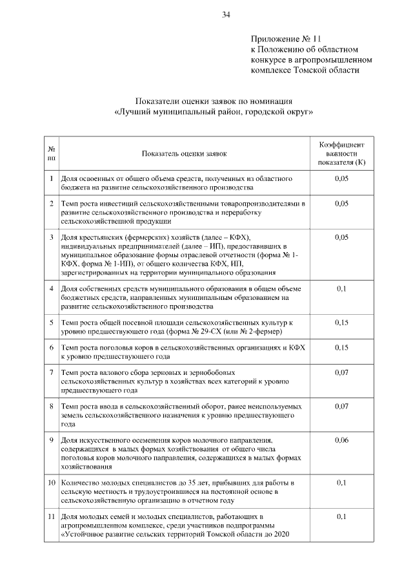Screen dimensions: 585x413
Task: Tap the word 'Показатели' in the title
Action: [x=159, y=101]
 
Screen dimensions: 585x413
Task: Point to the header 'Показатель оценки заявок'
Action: [x=185, y=154]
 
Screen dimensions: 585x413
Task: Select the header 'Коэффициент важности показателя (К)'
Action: [x=342, y=154]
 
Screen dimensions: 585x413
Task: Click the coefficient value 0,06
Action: [x=342, y=440]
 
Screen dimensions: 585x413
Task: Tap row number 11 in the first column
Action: [x=51, y=516]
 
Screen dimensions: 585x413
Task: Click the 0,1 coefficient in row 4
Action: [x=342, y=288]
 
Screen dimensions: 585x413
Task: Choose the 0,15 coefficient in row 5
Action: [x=342, y=321]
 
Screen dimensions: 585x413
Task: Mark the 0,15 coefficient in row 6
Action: [x=342, y=347]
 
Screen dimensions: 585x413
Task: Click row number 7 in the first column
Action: [x=51, y=373]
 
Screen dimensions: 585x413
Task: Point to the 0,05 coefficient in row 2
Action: [x=342, y=204]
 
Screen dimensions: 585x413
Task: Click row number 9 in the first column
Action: [x=51, y=440]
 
